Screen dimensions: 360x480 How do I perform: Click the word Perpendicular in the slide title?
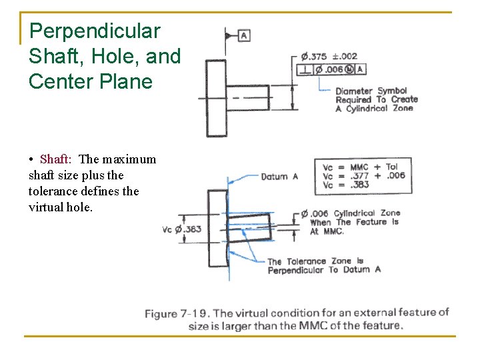95,31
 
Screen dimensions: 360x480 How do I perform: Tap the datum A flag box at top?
244,35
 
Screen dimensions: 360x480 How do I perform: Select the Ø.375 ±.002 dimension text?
327,57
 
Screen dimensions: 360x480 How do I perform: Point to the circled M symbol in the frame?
350,69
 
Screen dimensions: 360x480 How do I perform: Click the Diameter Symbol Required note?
376,99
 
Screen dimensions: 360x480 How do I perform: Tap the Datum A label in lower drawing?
279,177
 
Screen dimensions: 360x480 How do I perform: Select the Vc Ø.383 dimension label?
181,229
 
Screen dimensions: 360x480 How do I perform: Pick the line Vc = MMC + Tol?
361,167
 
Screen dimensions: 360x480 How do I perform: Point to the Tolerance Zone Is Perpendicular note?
324,265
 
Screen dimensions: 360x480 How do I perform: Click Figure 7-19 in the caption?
177,313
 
